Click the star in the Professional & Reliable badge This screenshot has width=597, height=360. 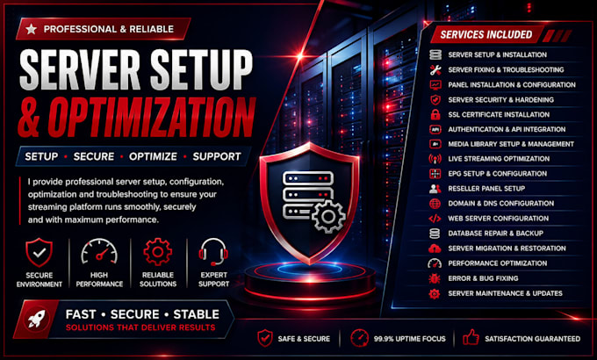click(x=32, y=29)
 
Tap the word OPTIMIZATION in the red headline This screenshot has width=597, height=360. click(x=152, y=118)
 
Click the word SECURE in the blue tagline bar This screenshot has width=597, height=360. click(x=94, y=156)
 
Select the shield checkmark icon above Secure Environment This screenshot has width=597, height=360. click(x=39, y=253)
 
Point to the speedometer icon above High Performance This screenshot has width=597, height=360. click(x=99, y=251)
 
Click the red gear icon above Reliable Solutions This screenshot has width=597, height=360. click(x=158, y=252)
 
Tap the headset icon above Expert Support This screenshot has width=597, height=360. click(x=213, y=252)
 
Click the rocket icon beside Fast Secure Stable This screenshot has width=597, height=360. click(x=37, y=320)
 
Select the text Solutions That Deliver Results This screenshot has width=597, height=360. click(x=140, y=328)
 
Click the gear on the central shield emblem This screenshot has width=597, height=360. click(x=328, y=216)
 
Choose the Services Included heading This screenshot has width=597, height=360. click(x=486, y=34)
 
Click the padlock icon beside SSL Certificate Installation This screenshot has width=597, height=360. click(x=435, y=114)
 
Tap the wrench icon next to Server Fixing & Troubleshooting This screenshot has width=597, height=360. click(x=435, y=69)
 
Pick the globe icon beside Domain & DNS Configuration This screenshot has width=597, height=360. click(x=435, y=204)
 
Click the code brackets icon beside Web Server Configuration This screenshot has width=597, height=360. click(x=435, y=219)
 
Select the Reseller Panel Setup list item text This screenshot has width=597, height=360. click(x=486, y=189)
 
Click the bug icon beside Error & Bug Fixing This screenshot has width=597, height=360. click(x=435, y=278)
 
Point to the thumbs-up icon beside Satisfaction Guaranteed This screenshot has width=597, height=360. click(x=471, y=337)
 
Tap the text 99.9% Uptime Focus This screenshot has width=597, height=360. click(x=409, y=339)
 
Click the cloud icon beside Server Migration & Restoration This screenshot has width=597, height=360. click(x=435, y=248)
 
